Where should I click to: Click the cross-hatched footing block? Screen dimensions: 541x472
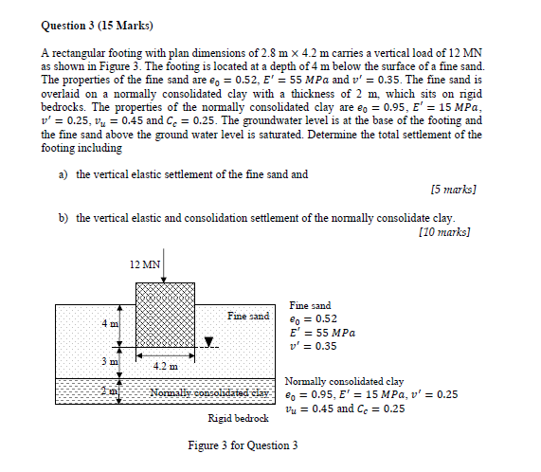[x=165, y=313]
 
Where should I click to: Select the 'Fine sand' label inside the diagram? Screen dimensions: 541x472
[x=248, y=315]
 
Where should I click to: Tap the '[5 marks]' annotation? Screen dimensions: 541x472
[x=452, y=190]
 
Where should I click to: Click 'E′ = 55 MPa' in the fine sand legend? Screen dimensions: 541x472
[x=324, y=333]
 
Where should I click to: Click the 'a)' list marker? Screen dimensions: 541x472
[x=63, y=175]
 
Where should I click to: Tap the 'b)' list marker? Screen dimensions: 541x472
[x=63, y=218]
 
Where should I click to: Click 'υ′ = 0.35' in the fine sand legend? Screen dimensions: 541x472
[x=313, y=346]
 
